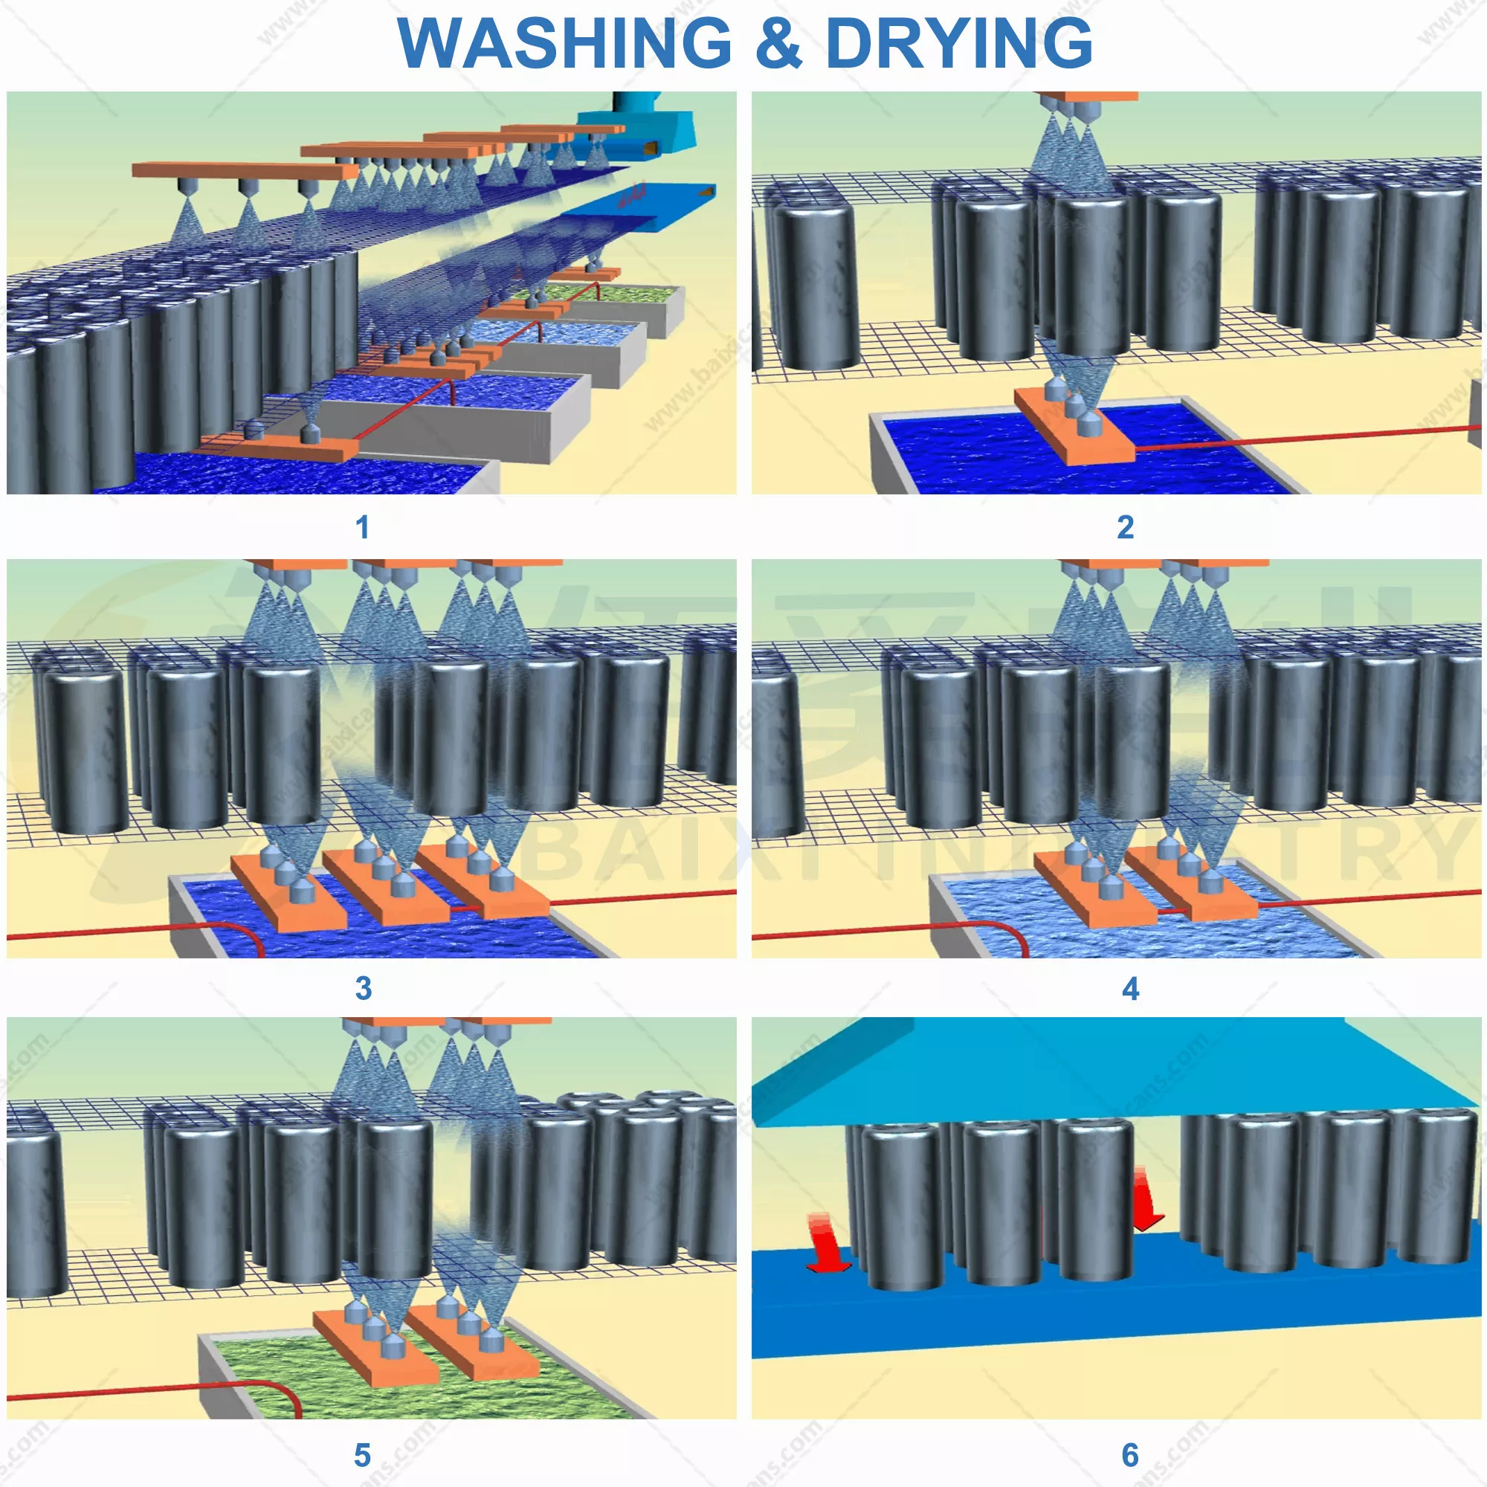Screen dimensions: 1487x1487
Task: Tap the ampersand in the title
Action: [x=778, y=42]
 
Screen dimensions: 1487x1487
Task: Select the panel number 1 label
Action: [x=363, y=528]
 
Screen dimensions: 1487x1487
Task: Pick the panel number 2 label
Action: [x=1125, y=528]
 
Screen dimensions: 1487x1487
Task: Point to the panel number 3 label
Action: [x=364, y=988]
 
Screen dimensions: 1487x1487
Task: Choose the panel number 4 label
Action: [x=1130, y=988]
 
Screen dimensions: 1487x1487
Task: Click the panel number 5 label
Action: [x=363, y=1455]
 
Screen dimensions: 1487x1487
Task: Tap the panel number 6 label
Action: [x=1130, y=1455]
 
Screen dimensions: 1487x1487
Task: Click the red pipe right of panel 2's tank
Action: [x=1309, y=439]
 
